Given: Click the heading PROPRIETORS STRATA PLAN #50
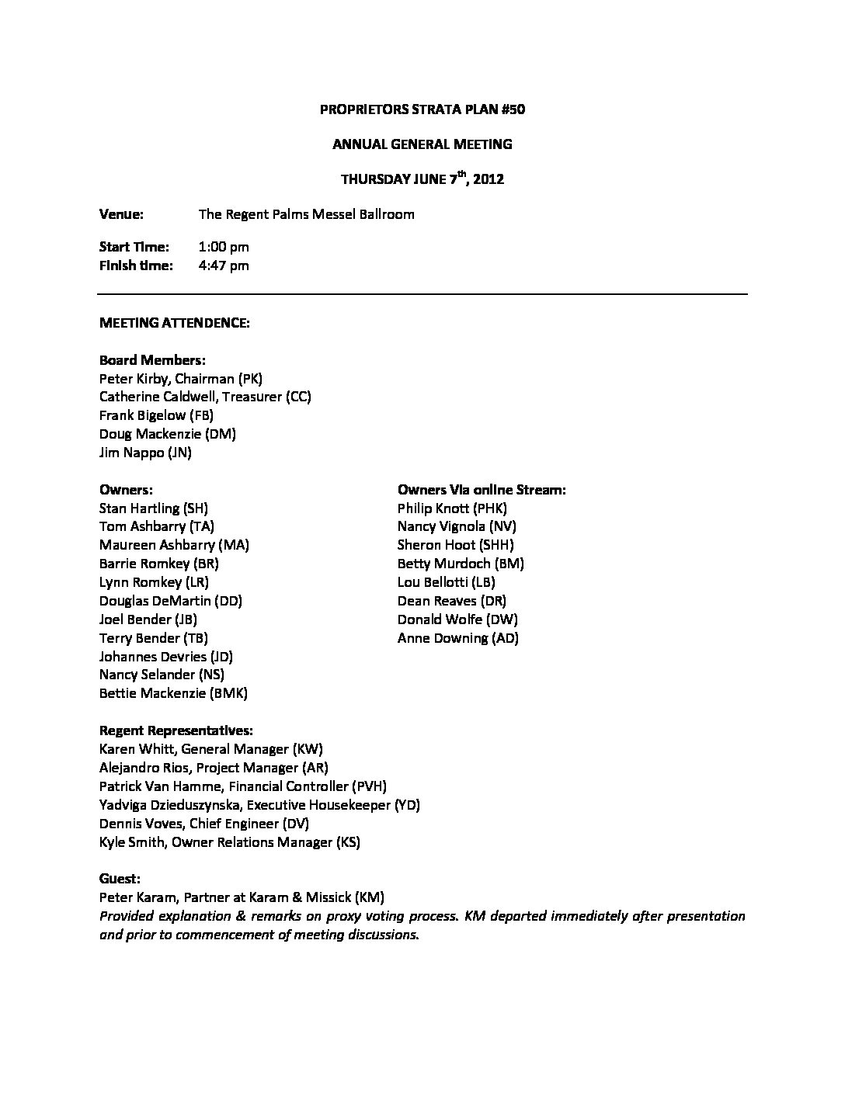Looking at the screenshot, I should coord(422,109).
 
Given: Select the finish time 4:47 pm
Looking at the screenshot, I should coord(224,265).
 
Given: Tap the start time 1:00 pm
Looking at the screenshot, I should coord(224,247).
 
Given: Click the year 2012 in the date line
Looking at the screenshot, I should coord(489,179).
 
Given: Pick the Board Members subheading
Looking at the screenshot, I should coord(152,360).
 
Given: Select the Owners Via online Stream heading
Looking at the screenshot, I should coord(482,490).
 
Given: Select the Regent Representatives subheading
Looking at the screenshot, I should coord(176,730).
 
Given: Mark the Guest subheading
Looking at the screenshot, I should coord(120,879).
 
